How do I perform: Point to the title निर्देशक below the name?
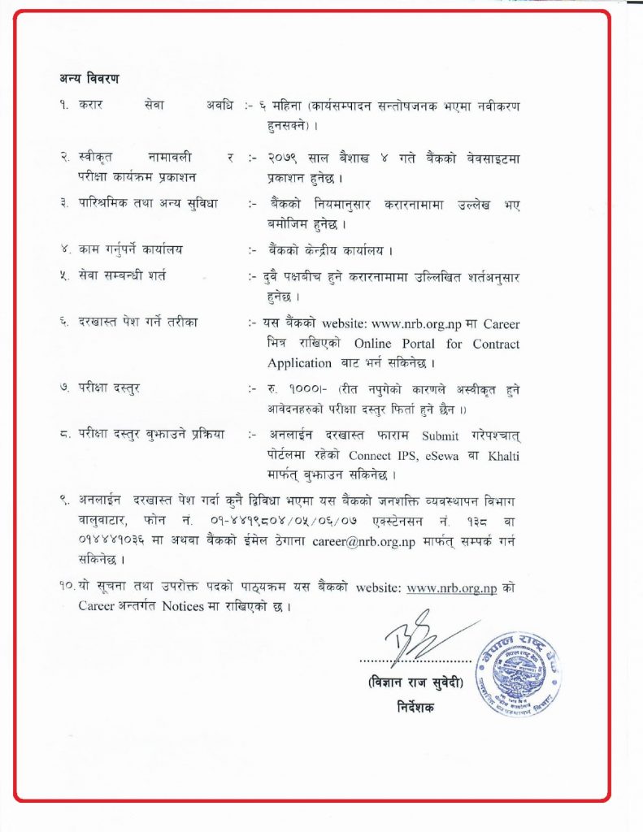coord(413,707)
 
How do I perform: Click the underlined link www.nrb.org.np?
coord(451,587)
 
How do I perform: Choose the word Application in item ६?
coord(299,363)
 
